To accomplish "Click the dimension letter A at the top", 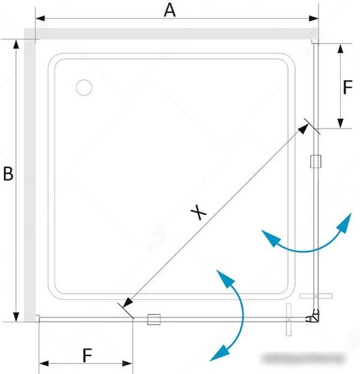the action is (x=169, y=11).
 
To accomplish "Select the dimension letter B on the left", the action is (x=8, y=173).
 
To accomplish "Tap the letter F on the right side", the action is (x=348, y=87).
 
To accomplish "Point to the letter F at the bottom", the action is (x=87, y=356).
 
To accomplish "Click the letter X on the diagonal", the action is (x=199, y=212).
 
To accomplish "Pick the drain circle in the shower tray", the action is (x=84, y=88).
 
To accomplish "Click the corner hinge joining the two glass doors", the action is (x=313, y=316).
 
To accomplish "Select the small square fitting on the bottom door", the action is (x=154, y=320).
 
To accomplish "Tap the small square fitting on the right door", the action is (x=316, y=161).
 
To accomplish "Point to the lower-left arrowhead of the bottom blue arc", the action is (x=219, y=353).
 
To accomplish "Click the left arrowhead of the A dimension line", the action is (x=40, y=18).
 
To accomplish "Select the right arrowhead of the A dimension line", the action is (x=314, y=18).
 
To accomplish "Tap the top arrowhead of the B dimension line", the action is (x=16, y=45).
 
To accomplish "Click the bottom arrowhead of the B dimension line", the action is (x=16, y=316).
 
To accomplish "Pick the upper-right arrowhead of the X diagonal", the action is (x=304, y=129).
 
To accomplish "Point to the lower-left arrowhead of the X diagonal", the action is (x=127, y=303).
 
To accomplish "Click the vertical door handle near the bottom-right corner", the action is (x=289, y=320).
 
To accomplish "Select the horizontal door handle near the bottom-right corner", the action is (x=316, y=296).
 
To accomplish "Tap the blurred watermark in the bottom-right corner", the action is (x=304, y=358).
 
